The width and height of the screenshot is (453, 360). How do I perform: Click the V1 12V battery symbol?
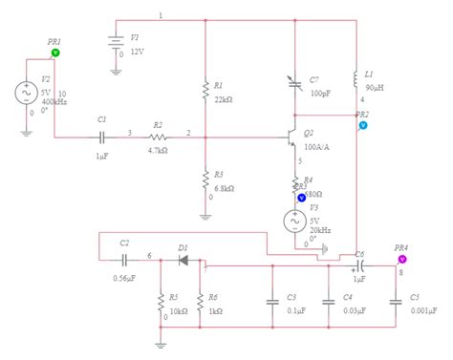point(117,44)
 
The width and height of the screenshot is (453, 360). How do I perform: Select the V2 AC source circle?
point(22,93)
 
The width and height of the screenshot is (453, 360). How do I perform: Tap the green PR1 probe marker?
point(54,54)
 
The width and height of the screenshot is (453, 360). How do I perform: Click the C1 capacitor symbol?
point(102,137)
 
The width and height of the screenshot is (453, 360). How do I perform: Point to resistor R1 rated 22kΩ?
point(205,90)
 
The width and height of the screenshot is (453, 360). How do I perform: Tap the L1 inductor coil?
point(356,75)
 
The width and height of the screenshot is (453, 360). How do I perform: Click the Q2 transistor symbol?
point(290,138)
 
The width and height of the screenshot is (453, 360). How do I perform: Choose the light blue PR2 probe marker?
point(363,125)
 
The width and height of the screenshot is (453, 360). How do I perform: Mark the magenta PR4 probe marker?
point(402,258)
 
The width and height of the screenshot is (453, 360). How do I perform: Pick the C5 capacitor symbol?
point(394,298)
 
